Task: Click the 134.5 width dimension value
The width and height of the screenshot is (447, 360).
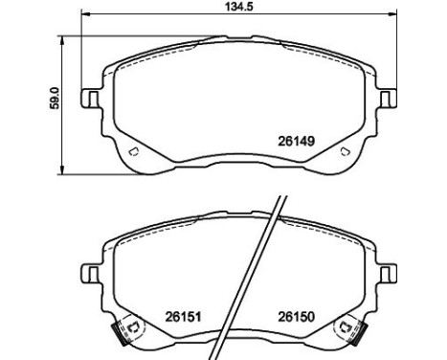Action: coord(239,7)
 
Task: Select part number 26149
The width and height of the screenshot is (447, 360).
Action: coord(297,141)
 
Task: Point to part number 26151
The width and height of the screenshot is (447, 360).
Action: coord(183,317)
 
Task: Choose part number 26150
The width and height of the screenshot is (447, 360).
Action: coord(297,317)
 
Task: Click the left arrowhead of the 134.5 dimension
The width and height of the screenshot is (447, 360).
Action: coord(85,13)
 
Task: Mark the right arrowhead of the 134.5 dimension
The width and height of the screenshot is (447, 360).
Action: coord(392,13)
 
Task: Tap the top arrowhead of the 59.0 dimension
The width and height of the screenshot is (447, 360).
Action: coord(62,40)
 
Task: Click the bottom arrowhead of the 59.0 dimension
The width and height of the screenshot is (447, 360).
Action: coord(62,170)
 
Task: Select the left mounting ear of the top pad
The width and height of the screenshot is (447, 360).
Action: coord(92,99)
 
